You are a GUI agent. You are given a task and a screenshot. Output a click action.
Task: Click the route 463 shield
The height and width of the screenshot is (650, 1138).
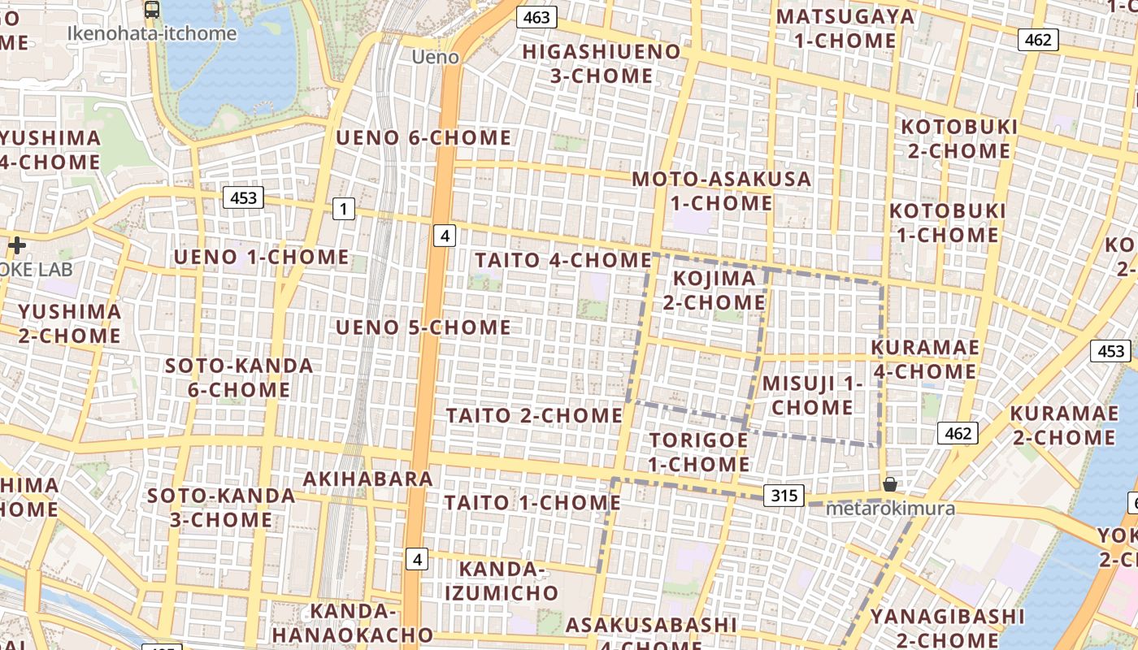[536, 17]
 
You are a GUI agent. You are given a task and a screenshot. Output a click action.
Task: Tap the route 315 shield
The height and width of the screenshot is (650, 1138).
[784, 495]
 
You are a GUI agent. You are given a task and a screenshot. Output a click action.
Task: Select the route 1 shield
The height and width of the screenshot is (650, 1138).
[343, 209]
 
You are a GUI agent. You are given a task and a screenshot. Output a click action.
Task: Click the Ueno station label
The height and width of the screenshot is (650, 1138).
[435, 57]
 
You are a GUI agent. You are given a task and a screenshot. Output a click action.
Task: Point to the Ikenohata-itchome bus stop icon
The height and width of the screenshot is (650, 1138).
[152, 10]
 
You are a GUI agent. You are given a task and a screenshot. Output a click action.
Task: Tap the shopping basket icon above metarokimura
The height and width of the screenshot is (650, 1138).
[890, 484]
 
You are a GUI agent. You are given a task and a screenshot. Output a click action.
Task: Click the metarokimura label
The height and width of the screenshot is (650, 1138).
[889, 509]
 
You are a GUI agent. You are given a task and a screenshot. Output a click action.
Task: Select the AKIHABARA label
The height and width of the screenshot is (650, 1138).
[367, 479]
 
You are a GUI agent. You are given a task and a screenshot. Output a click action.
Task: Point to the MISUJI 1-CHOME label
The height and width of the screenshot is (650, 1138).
[812, 395]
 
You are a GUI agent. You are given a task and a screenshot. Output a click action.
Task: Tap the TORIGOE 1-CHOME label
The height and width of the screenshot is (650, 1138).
[699, 452]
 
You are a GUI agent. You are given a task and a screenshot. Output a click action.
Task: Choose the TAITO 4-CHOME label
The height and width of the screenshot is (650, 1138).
[562, 260]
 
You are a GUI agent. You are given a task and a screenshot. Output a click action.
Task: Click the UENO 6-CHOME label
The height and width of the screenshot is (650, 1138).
[423, 137]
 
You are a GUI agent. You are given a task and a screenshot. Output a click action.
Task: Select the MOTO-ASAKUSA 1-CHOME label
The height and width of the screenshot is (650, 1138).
[721, 190]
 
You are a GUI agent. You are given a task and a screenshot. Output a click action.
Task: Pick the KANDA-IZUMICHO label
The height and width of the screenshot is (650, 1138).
[501, 580]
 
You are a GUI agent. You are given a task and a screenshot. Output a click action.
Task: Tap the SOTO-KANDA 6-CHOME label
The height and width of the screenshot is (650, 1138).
[239, 377]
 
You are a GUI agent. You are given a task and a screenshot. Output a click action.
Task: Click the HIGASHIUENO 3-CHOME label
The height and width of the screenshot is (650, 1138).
[601, 63]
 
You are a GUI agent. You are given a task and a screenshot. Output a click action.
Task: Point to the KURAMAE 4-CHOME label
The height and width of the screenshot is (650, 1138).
[924, 359]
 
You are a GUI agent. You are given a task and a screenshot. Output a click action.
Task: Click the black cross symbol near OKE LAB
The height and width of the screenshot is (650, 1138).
[17, 245]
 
